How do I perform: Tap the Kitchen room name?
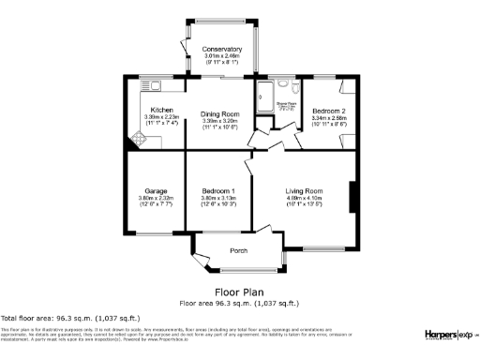coord(162,110)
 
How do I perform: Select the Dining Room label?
coord(222,114)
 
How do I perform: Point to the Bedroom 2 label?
coord(329,110)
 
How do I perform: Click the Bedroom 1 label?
coord(218,190)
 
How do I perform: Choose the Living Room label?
coord(304,190)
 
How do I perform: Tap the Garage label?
coord(156,190)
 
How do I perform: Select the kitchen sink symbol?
coord(150,83)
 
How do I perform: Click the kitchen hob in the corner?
coord(138,141)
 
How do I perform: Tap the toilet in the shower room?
coord(294,87)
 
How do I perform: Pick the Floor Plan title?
coord(238,292)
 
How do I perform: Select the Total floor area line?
coord(55,320)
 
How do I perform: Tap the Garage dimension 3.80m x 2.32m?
coord(156,199)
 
